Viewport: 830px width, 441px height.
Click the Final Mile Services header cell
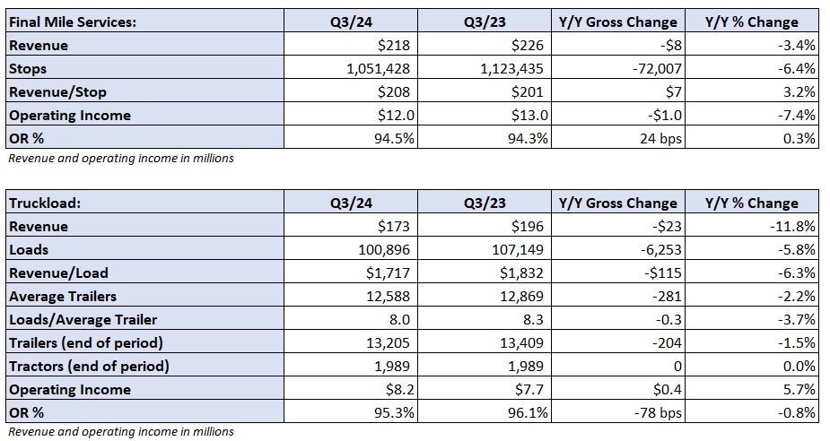tap(73, 22)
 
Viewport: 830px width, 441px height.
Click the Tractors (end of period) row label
tap(88, 366)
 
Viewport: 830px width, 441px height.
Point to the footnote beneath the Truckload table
tap(120, 431)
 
